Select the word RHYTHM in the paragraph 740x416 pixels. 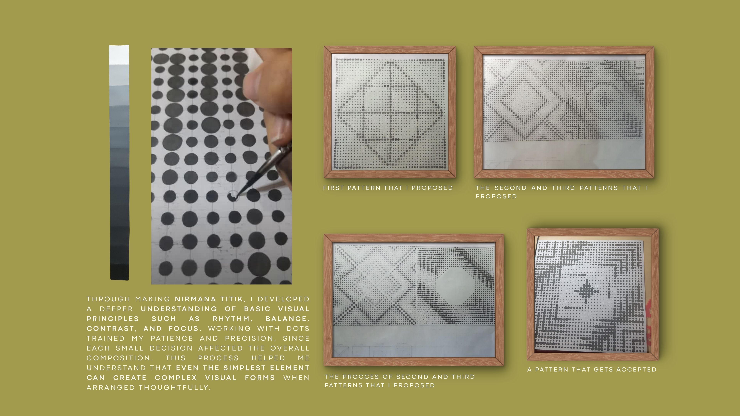[232, 319]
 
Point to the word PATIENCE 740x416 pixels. [172, 339]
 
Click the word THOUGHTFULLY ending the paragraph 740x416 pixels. [175, 387]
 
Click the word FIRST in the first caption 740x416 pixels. [334, 188]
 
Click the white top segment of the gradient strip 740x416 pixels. [119, 55]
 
